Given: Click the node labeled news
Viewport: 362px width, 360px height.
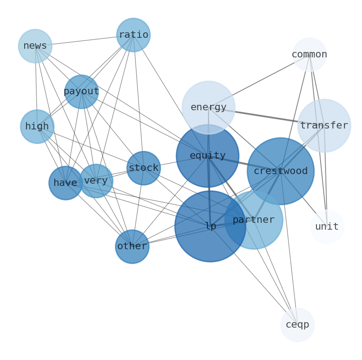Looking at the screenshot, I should click(x=35, y=46).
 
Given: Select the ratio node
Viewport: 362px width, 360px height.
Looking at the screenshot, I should click(x=133, y=35).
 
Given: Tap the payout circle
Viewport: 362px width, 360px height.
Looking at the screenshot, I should click(x=82, y=92).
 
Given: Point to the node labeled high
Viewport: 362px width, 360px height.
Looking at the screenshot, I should click(x=37, y=127).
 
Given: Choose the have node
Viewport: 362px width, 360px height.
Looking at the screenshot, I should click(x=66, y=183).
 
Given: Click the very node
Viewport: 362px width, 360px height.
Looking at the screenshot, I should click(x=96, y=181).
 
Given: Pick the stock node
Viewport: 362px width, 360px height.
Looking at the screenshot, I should click(x=144, y=168).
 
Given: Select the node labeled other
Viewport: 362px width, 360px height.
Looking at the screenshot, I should click(x=132, y=247).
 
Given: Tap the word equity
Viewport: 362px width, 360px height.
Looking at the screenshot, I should click(x=207, y=156).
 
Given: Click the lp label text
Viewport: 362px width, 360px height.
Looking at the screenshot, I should click(x=210, y=226).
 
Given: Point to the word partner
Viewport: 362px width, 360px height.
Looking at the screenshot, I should click(x=253, y=220).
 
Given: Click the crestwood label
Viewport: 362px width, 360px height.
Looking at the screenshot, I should click(x=280, y=171).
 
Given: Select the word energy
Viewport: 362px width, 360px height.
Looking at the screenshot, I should click(x=208, y=108).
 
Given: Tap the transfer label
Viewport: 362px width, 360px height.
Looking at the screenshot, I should click(x=324, y=126).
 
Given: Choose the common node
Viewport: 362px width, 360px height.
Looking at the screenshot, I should click(x=310, y=55).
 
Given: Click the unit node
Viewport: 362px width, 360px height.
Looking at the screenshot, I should click(x=327, y=227).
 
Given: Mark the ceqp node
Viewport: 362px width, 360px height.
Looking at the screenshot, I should click(x=297, y=325).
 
